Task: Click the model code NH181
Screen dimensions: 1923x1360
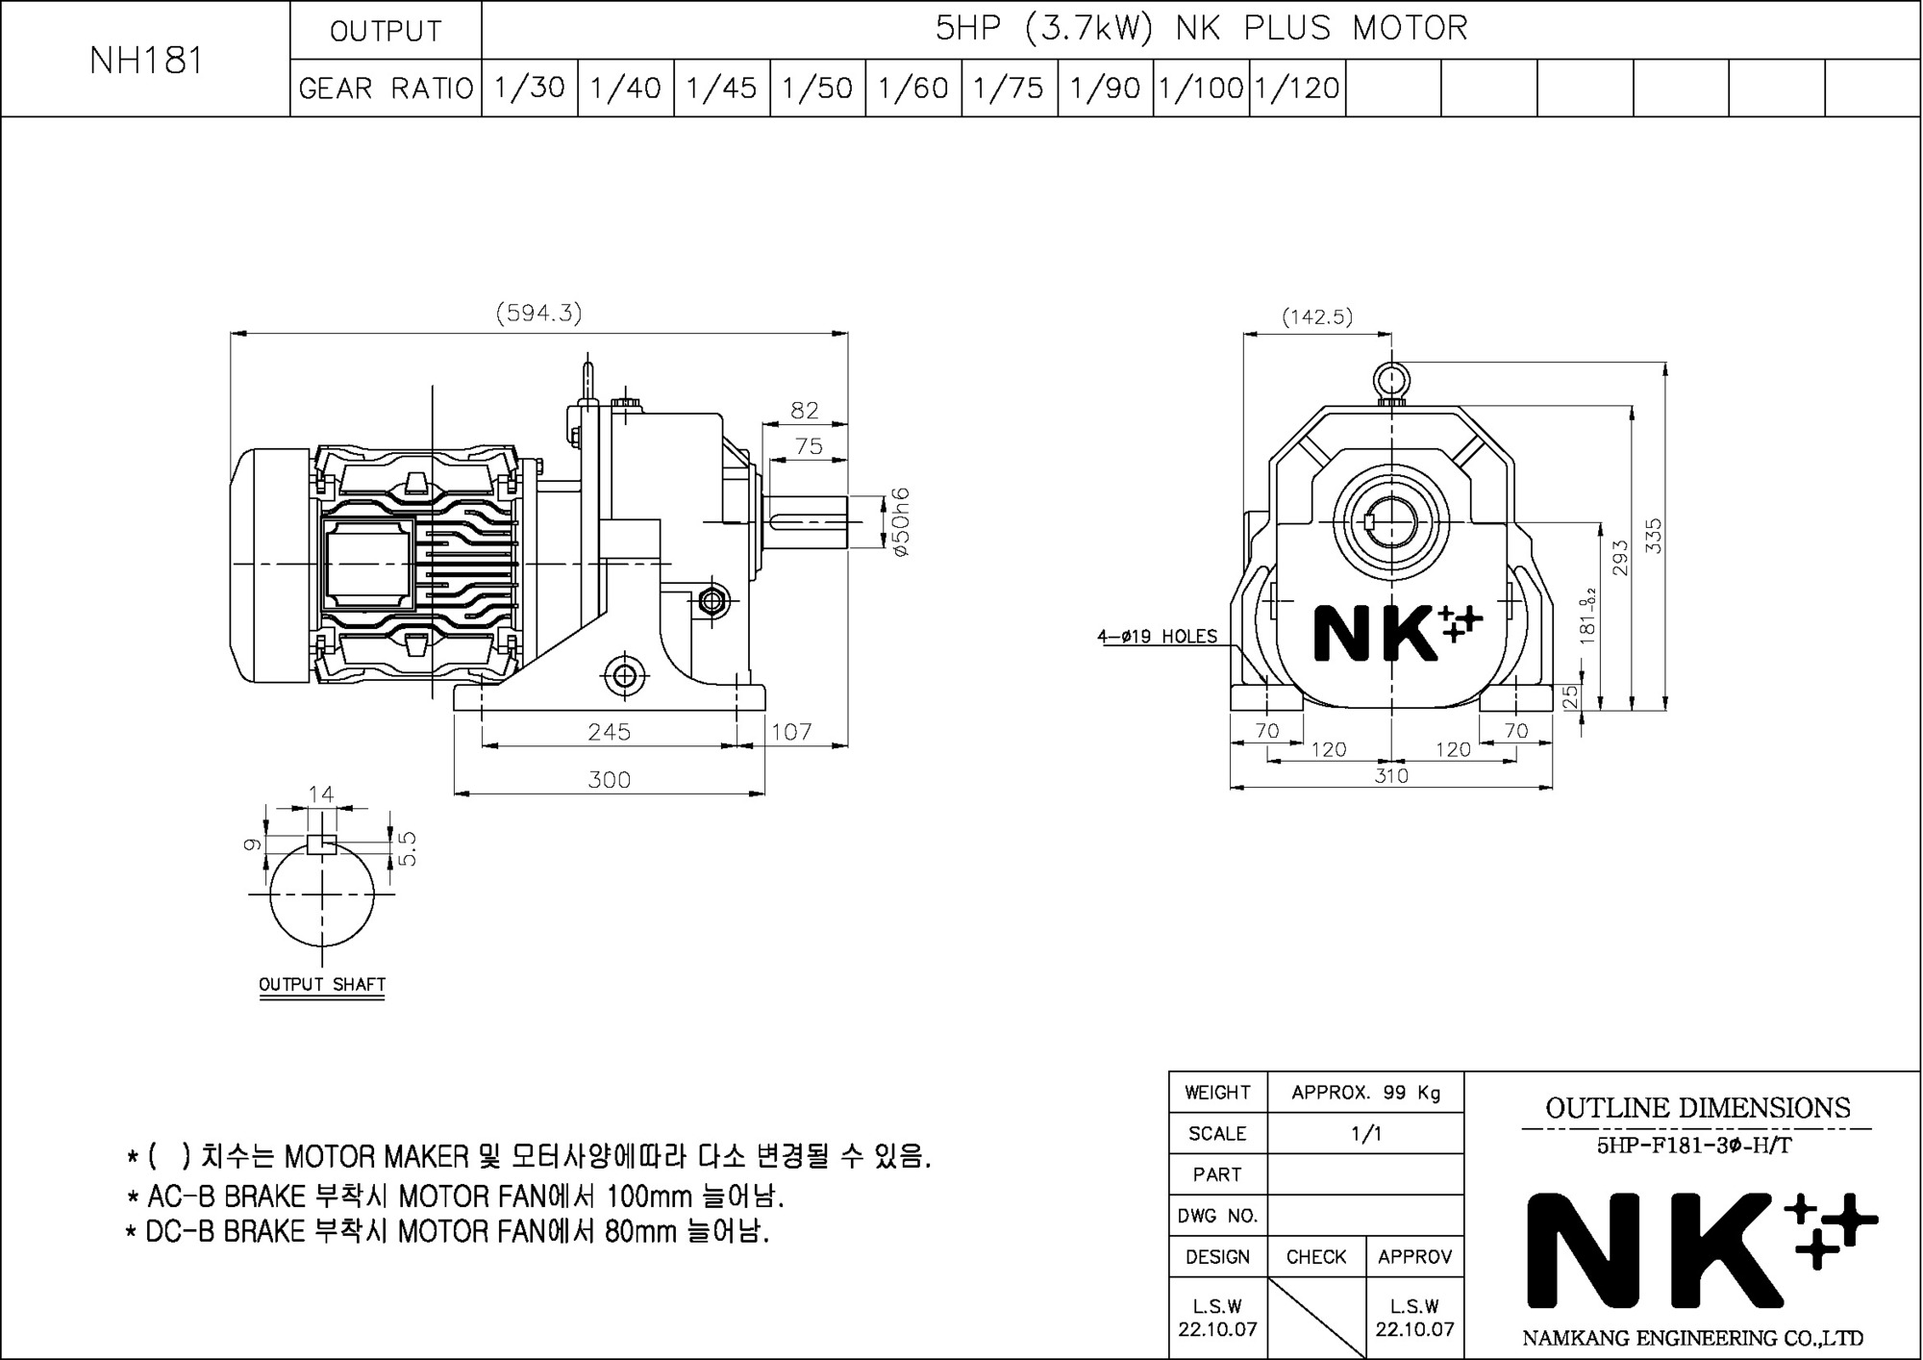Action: (x=146, y=61)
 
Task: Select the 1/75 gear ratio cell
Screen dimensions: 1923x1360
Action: (x=1009, y=88)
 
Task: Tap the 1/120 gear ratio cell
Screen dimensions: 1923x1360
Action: (x=1297, y=88)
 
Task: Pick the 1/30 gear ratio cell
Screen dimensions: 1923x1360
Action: (x=530, y=88)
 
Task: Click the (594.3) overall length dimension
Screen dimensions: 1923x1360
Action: (x=538, y=313)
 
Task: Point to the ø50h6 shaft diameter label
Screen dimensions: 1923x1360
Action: (x=900, y=522)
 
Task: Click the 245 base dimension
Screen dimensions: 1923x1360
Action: (x=610, y=732)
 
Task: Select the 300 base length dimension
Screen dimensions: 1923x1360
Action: (x=610, y=779)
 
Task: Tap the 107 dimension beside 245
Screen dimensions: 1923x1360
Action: (x=791, y=732)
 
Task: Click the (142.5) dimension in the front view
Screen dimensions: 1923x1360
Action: (x=1317, y=316)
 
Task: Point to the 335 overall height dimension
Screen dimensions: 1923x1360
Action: (x=1654, y=536)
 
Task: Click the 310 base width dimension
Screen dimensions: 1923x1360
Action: (x=1391, y=775)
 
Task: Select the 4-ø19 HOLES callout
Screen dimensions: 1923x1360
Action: (x=1158, y=636)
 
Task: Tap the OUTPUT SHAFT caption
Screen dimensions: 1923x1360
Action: (x=322, y=984)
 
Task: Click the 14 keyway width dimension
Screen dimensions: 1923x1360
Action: (x=321, y=793)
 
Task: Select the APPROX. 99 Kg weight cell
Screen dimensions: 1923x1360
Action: (x=1366, y=1093)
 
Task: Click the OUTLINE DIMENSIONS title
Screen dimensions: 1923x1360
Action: (x=1698, y=1108)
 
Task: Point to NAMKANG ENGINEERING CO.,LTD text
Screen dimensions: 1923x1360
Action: (x=1693, y=1338)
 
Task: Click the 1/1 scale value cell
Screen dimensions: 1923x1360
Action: (x=1366, y=1133)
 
